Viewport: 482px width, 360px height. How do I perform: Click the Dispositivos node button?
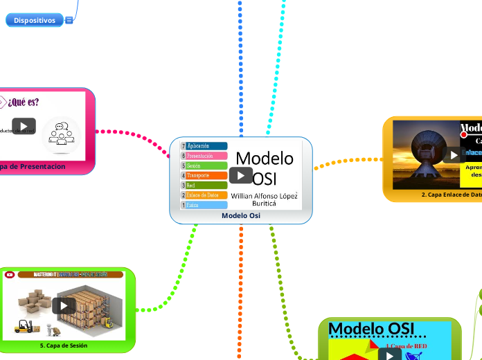point(35,21)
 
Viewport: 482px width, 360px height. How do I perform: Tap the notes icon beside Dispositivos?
point(69,21)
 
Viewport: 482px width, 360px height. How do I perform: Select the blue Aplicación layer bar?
point(206,146)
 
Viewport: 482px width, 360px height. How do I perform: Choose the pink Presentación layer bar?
point(206,156)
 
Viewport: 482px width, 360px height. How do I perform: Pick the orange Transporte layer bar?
point(206,176)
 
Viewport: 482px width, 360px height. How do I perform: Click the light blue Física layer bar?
point(206,205)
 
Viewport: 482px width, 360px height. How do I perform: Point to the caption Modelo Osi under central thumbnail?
point(241,216)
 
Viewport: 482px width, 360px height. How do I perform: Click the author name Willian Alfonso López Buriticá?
point(264,199)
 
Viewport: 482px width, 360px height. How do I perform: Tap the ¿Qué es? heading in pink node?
point(24,102)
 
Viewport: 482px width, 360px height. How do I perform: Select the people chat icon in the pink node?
point(61,134)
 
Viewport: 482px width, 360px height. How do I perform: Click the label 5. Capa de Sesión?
point(63,345)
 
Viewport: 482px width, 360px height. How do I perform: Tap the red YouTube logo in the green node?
point(10,275)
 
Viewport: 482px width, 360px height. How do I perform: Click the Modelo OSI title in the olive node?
point(372,327)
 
